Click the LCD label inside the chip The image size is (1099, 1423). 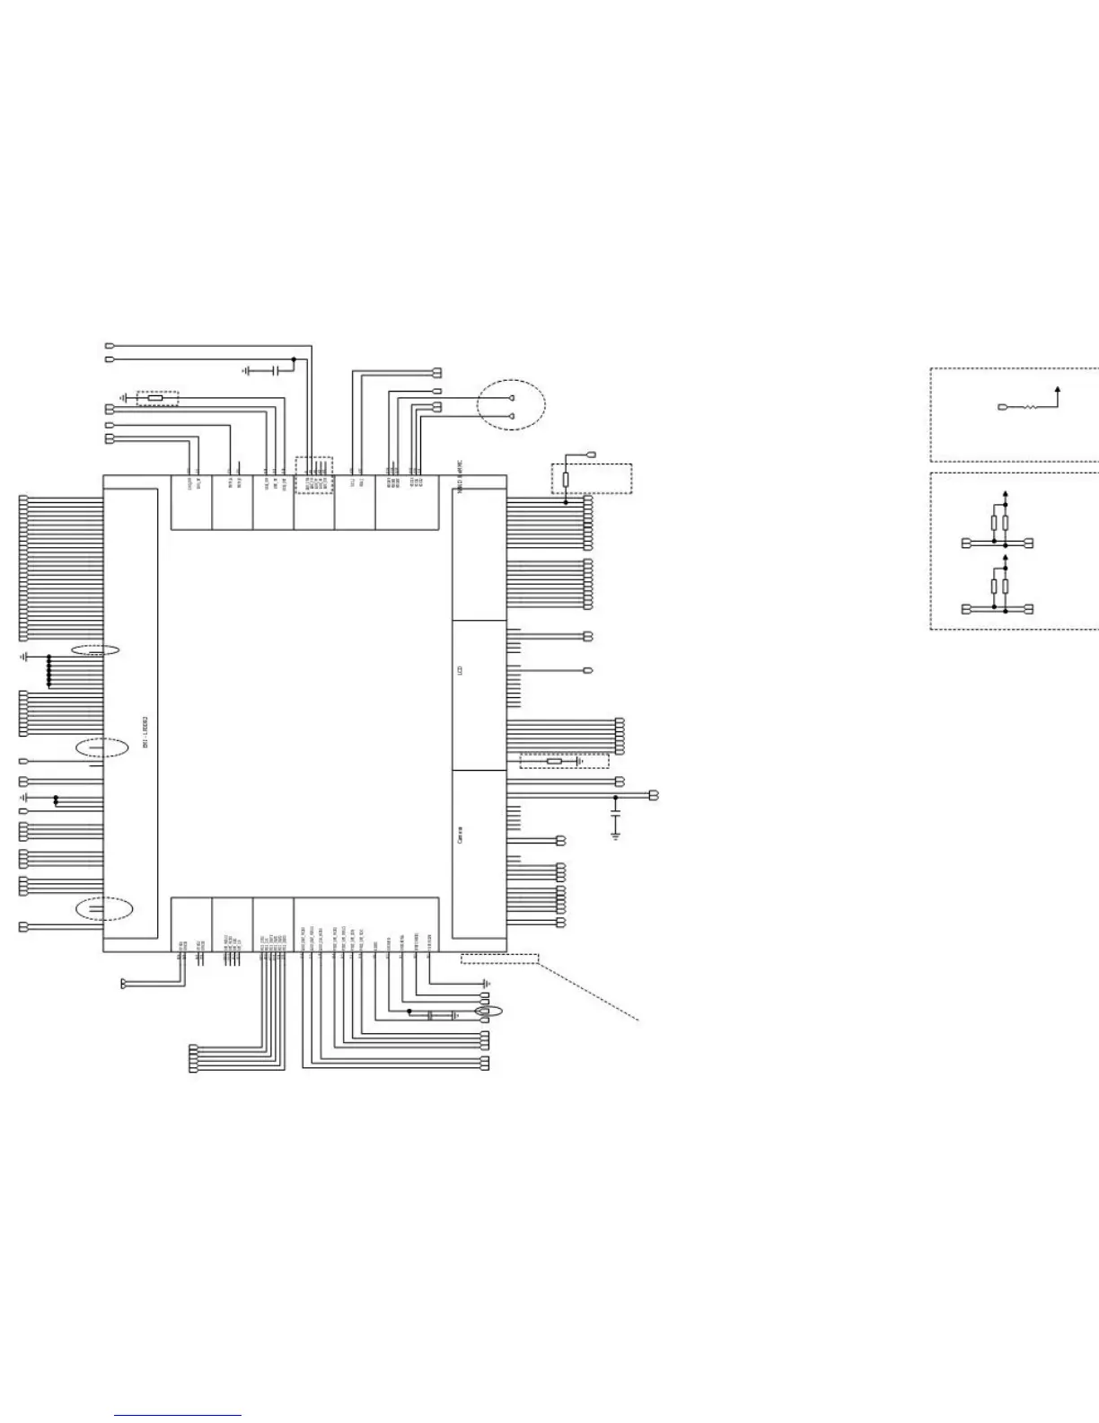click(461, 670)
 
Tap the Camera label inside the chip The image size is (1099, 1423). click(461, 835)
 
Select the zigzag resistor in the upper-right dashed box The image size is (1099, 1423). click(1031, 408)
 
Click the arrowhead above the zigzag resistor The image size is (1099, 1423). click(1059, 389)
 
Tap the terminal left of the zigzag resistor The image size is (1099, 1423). click(1003, 408)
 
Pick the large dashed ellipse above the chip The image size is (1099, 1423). click(511, 405)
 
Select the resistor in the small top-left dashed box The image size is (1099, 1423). click(155, 396)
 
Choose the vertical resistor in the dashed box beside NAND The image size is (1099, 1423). click(566, 480)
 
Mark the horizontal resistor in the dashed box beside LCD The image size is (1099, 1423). click(554, 762)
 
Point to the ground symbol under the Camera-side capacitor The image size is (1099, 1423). click(615, 835)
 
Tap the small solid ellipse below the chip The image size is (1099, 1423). click(488, 1012)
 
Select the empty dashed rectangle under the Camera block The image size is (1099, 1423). click(499, 959)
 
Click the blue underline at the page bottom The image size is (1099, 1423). click(178, 1416)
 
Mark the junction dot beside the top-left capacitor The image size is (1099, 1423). click(293, 359)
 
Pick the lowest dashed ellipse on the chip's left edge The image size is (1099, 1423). click(104, 908)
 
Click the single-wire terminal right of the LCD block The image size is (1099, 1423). click(589, 670)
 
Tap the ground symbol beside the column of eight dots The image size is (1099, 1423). click(25, 658)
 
